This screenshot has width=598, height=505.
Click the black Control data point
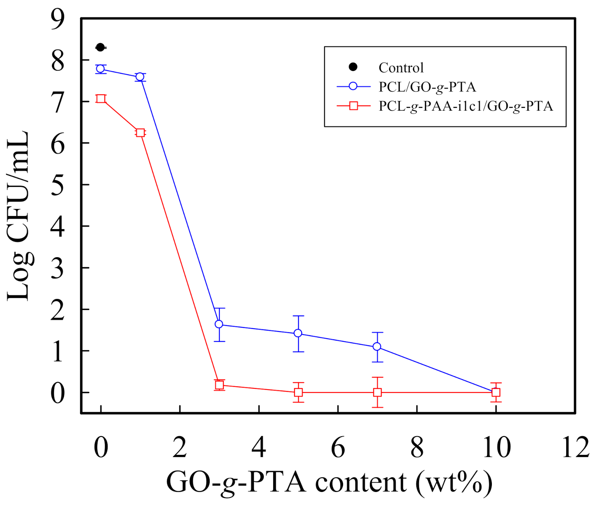click(100, 47)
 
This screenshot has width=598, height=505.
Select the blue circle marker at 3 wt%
click(219, 324)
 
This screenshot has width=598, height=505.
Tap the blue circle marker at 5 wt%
click(298, 333)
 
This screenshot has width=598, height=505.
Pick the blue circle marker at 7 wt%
click(377, 347)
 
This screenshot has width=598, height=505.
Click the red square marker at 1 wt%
click(140, 133)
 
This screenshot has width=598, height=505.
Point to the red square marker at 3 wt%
click(219, 385)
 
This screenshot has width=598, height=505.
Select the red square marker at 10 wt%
click(496, 392)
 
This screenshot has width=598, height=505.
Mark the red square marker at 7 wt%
click(377, 392)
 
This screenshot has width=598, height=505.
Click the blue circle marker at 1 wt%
click(140, 77)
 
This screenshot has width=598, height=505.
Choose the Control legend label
click(401, 68)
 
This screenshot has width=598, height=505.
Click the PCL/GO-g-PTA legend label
click(427, 87)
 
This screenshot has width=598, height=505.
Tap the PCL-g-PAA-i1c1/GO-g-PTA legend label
click(466, 106)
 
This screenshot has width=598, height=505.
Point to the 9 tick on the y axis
click(58, 19)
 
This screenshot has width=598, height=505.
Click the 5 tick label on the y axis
click(58, 185)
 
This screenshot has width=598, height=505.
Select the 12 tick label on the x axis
click(576, 447)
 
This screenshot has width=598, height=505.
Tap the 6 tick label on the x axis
click(338, 447)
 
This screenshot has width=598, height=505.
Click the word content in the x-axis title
click(360, 482)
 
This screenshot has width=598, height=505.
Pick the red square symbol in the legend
click(353, 106)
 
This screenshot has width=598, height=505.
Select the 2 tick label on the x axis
click(180, 447)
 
